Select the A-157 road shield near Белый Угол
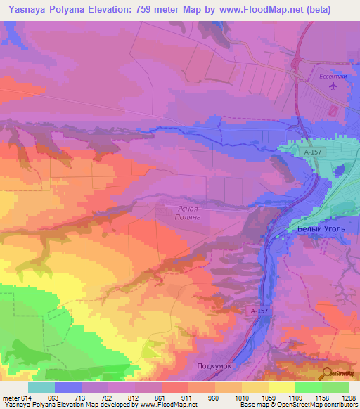coord(313,152)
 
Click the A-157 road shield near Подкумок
coord(257,310)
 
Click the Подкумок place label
coord(214,366)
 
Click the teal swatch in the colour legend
coord(41,387)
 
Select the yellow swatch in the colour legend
coord(281,387)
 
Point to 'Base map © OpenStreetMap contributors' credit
coord(298,405)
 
